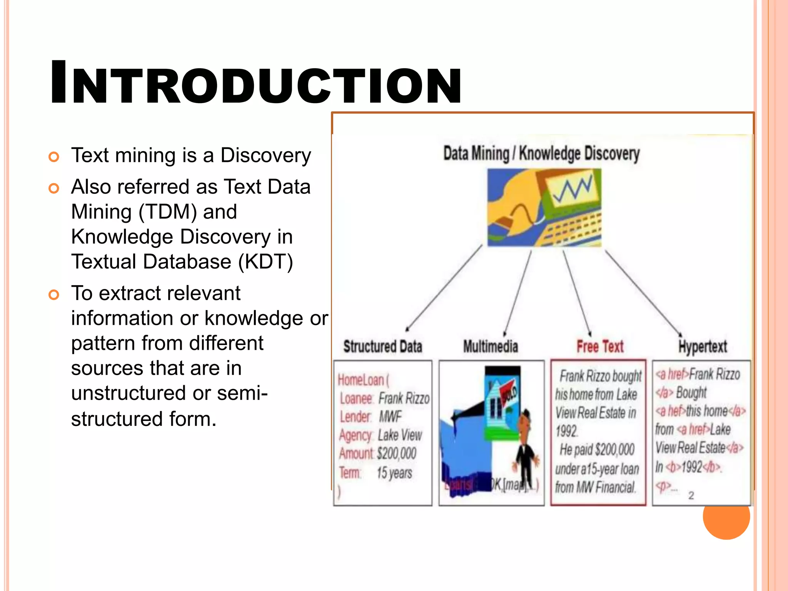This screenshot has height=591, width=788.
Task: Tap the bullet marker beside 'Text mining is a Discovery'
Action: pos(54,157)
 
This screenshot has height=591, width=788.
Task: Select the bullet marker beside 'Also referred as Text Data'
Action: pos(54,188)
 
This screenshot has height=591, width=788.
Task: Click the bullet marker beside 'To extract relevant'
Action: pos(54,295)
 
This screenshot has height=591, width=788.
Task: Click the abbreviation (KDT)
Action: pos(265,262)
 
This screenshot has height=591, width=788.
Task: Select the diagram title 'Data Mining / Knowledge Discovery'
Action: pos(541,154)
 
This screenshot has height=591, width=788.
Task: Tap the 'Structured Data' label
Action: pos(382,346)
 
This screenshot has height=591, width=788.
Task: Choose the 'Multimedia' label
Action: pos(491,346)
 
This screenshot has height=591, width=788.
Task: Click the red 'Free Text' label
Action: pos(600,346)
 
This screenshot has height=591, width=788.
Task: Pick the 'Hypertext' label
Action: pos(703,347)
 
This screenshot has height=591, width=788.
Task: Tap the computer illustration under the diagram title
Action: pos(544,207)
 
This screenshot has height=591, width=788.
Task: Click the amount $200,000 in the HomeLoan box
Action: pos(397,453)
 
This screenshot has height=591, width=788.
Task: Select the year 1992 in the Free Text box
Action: pos(566,431)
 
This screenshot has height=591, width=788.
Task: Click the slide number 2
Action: pos(691,495)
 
